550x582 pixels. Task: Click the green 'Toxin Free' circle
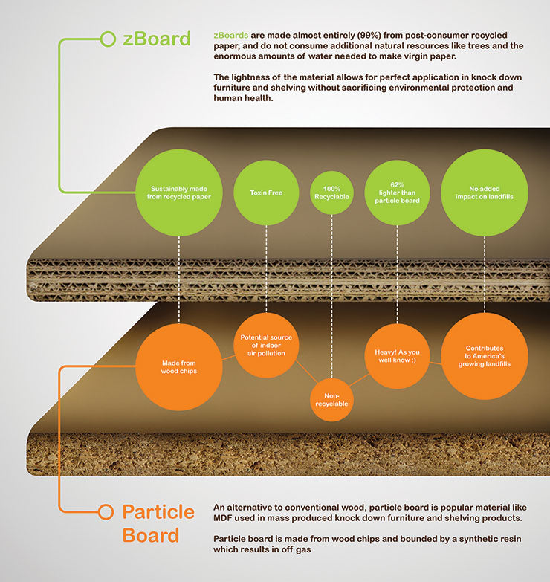pos(266,193)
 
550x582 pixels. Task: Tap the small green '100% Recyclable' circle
pos(331,193)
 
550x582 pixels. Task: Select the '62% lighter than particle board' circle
pos(397,193)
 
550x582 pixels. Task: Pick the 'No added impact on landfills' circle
pos(485,193)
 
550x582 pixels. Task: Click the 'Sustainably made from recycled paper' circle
pos(179,193)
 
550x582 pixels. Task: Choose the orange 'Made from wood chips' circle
pos(179,366)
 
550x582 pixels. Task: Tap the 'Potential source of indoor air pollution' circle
pos(266,345)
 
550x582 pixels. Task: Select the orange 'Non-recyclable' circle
pos(331,400)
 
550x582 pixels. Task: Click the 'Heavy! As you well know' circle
pos(397,356)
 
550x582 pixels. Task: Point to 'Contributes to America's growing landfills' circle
pos(485,356)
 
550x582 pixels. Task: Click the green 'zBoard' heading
pos(157,39)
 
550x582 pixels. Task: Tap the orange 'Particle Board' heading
pos(158,523)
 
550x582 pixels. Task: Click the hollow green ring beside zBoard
pos(108,39)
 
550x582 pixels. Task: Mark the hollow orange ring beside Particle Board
pos(106,512)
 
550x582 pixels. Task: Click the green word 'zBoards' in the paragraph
pos(231,35)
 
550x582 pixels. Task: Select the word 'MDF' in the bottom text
pos(223,518)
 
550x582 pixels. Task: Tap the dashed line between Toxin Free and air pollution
pos(266,269)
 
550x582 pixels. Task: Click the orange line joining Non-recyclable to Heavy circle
pos(359,380)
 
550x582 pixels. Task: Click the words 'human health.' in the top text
pos(243,98)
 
